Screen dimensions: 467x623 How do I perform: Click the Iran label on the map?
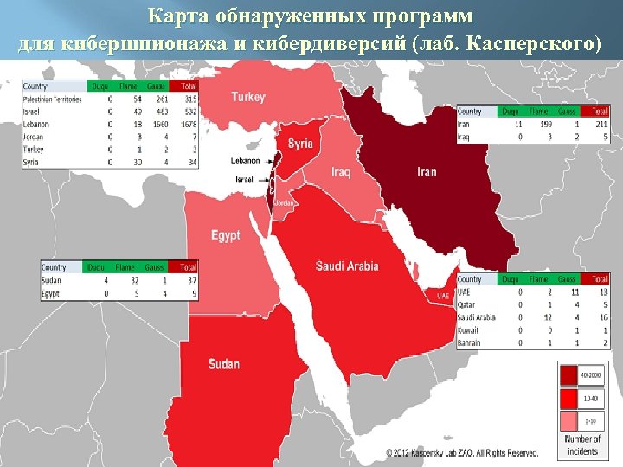(427, 172)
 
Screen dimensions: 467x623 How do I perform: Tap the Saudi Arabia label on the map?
(347, 266)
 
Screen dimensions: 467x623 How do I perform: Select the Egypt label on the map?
(226, 235)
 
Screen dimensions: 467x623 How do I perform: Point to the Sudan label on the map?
(224, 364)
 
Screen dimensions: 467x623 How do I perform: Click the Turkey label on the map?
(248, 98)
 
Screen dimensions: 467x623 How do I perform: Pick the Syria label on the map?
(300, 144)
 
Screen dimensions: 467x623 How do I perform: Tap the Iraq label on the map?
(341, 172)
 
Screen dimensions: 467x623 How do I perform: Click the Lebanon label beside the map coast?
(245, 161)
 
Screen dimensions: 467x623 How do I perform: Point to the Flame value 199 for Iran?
(544, 124)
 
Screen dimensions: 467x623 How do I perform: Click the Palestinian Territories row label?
(53, 99)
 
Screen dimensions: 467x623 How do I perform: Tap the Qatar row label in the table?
(467, 304)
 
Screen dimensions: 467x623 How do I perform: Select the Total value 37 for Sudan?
(189, 280)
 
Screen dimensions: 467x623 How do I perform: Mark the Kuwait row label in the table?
(469, 329)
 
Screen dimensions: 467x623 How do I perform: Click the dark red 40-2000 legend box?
(568, 374)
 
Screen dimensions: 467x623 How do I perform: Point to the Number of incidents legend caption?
(582, 445)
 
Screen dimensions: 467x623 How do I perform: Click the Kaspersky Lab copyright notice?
(462, 453)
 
